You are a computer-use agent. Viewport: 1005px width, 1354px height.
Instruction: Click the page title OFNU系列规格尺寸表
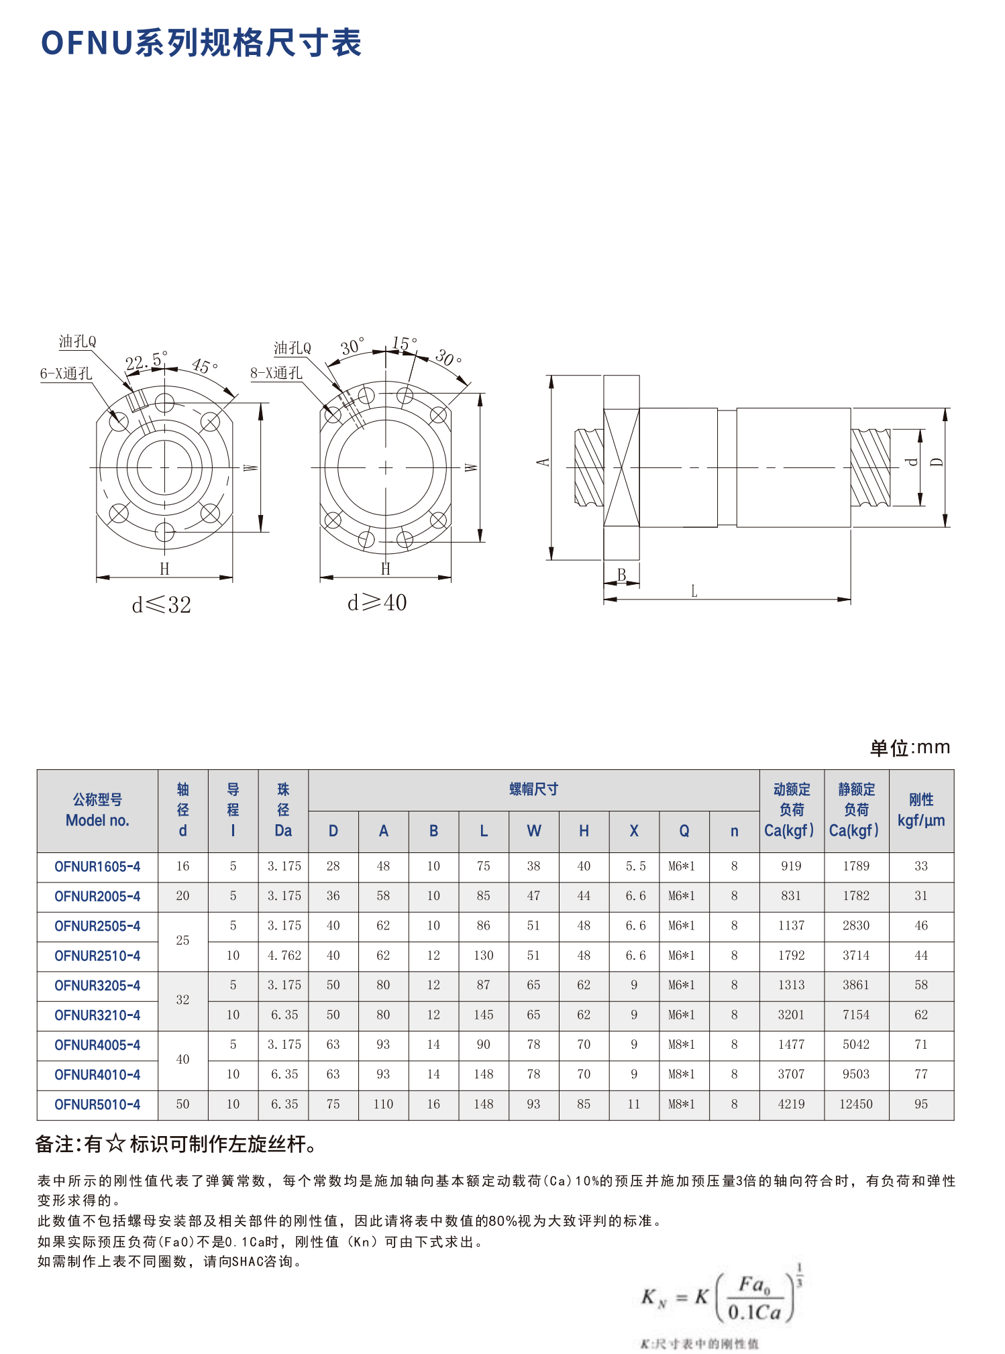click(x=201, y=43)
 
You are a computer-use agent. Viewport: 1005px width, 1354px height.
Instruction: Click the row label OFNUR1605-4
click(x=97, y=866)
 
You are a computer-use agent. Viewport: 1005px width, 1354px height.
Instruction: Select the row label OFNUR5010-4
click(x=97, y=1105)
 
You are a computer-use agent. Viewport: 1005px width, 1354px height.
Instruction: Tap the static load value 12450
click(x=856, y=1105)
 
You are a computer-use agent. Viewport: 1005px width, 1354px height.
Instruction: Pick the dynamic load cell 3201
click(x=791, y=1015)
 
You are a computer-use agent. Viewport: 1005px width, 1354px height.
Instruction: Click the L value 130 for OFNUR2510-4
click(x=483, y=956)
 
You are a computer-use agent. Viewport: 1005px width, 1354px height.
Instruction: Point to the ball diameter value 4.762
click(x=284, y=956)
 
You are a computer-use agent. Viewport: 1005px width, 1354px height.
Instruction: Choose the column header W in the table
click(x=533, y=831)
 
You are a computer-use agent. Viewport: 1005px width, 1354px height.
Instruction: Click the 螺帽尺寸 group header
click(x=533, y=789)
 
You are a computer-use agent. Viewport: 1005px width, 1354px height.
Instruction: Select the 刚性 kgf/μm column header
click(x=920, y=809)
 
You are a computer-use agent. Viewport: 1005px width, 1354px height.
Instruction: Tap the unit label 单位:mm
click(x=910, y=747)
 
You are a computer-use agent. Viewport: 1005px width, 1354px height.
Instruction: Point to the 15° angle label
click(x=404, y=343)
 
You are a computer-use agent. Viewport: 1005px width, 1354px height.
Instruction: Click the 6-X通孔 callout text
click(x=66, y=374)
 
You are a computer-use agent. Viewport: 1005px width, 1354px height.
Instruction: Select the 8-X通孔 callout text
click(x=276, y=374)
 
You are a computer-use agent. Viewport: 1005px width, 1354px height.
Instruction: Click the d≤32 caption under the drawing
click(x=162, y=605)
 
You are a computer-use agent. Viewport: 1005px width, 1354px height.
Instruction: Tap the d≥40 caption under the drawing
click(x=377, y=603)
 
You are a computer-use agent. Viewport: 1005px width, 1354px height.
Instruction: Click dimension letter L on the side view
click(x=694, y=591)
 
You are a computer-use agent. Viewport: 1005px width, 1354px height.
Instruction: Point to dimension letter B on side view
click(x=621, y=575)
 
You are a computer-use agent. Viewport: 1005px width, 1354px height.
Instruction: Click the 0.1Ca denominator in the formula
click(x=754, y=1312)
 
